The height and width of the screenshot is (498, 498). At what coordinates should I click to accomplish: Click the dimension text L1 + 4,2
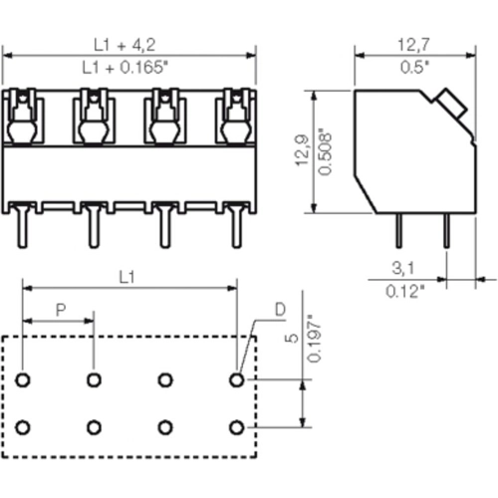pyautogui.click(x=128, y=44)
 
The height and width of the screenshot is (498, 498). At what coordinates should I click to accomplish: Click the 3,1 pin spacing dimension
pyautogui.click(x=403, y=268)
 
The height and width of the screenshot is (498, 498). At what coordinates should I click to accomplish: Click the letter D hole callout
pyautogui.click(x=280, y=310)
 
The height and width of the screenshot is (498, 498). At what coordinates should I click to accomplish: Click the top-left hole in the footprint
pyautogui.click(x=22, y=379)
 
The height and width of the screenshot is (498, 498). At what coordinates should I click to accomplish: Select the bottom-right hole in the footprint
pyautogui.click(x=236, y=427)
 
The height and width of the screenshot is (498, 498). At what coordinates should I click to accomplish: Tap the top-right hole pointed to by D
pyautogui.click(x=236, y=379)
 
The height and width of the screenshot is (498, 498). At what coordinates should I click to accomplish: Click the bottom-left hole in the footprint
pyautogui.click(x=22, y=427)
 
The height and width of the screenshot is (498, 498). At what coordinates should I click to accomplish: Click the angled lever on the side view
pyautogui.click(x=448, y=103)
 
